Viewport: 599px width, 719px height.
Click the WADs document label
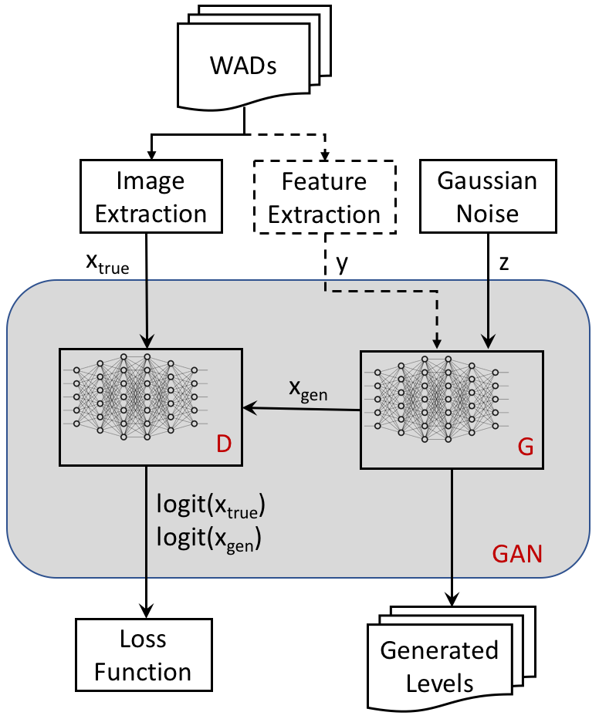(243, 66)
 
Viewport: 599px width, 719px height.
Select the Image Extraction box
(151, 196)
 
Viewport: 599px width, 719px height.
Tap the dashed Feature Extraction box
(325, 197)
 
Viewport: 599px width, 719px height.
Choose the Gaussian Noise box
(488, 196)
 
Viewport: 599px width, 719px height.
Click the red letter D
(224, 444)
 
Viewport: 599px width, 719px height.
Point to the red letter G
(526, 447)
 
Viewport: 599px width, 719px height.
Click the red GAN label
(517, 553)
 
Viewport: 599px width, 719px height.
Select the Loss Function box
(144, 655)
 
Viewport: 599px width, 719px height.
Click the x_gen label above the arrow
(308, 390)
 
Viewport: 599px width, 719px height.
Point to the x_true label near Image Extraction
(108, 264)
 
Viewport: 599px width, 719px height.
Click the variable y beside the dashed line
(342, 264)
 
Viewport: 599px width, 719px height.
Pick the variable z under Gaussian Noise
(504, 263)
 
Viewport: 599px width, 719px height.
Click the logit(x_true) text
(211, 505)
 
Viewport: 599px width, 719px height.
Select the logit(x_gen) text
(209, 538)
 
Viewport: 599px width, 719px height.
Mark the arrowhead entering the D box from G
(249, 407)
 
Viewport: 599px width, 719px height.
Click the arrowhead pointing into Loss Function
(147, 612)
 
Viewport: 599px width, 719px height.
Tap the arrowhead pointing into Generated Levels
(452, 599)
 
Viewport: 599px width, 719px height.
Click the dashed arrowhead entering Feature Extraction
(325, 156)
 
